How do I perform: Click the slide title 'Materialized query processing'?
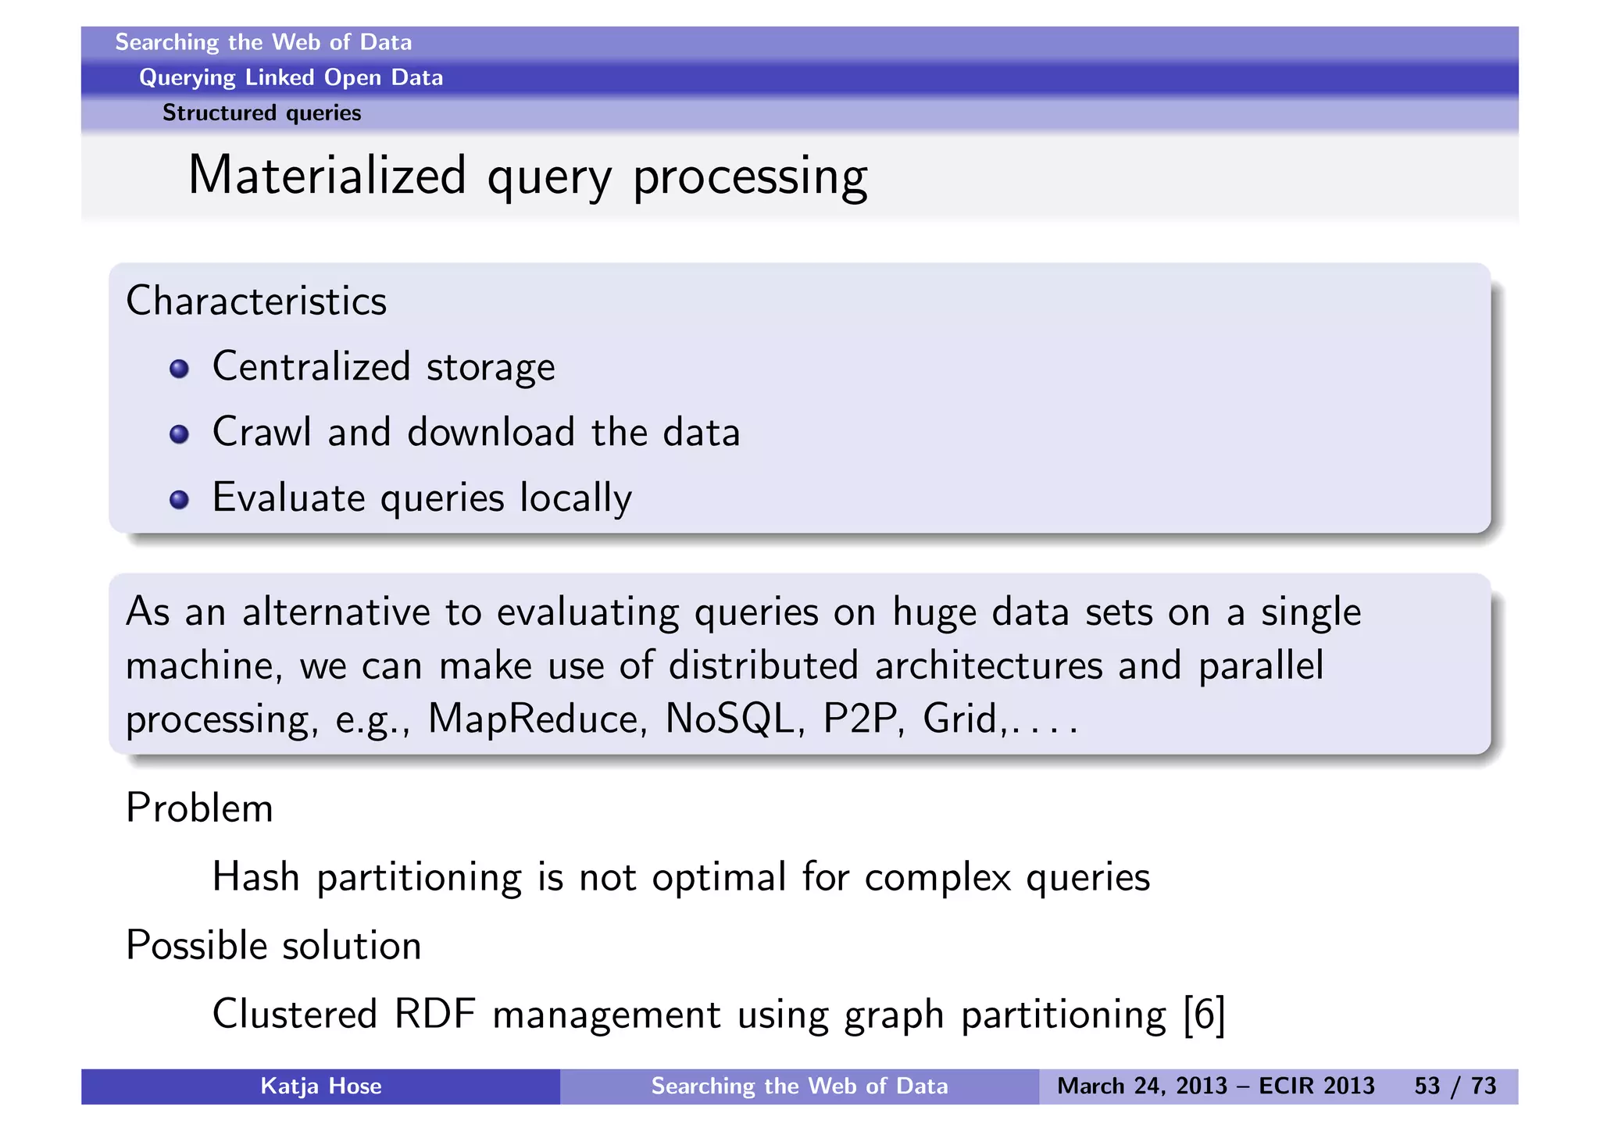coord(527,177)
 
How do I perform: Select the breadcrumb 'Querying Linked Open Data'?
coord(291,77)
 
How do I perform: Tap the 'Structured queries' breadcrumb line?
coord(262,113)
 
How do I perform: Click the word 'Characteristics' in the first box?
coord(256,301)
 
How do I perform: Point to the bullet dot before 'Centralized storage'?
coord(179,369)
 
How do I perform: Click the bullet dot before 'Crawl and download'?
coord(179,434)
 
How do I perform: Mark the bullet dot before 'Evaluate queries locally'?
coord(179,500)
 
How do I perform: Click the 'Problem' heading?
coord(199,808)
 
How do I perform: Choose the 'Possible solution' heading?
coord(273,946)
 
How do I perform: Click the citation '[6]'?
coord(1204,1015)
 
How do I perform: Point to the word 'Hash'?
coord(256,877)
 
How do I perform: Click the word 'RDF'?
coord(434,1015)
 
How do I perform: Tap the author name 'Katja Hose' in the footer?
coord(320,1086)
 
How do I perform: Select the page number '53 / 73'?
coord(1455,1086)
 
